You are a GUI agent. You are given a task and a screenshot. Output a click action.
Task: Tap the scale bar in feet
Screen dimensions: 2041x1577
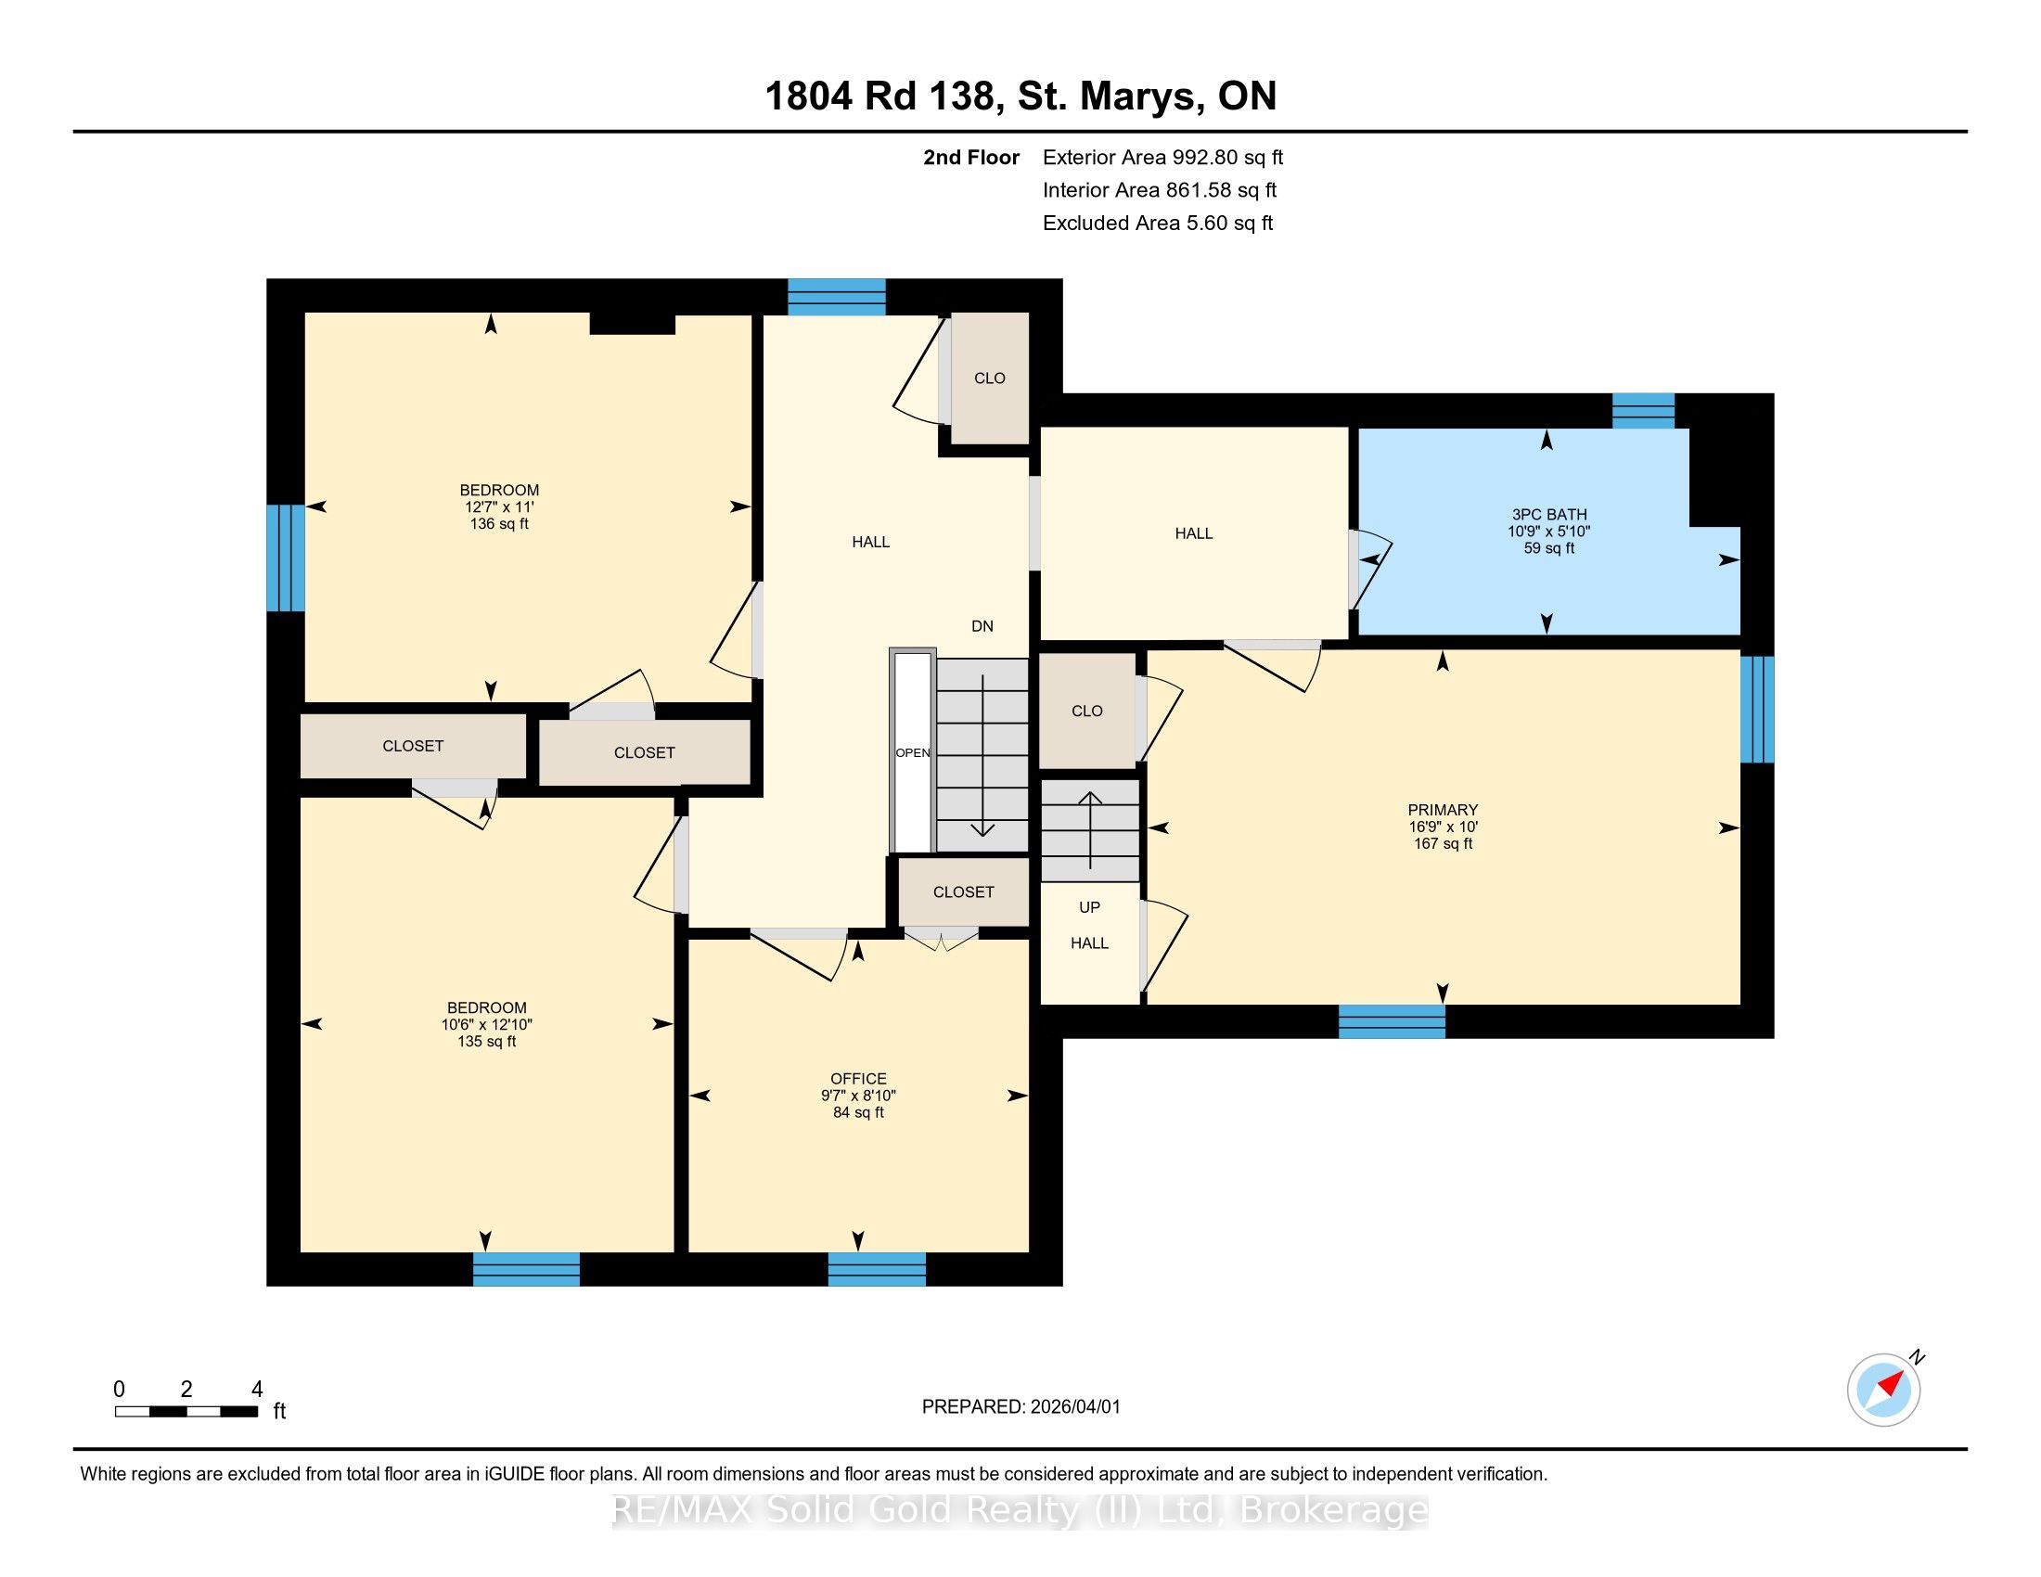coord(186,1412)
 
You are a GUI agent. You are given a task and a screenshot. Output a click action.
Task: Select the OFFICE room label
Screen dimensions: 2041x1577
coord(858,1078)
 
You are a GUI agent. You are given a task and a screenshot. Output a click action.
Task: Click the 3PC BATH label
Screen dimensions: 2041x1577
coord(1548,514)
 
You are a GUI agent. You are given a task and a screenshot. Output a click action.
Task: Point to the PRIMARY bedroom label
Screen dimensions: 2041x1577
coord(1443,810)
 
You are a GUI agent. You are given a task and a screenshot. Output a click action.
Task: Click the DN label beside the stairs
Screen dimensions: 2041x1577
coord(982,626)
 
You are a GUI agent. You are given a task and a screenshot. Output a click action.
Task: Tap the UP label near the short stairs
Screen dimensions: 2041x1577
coord(1090,907)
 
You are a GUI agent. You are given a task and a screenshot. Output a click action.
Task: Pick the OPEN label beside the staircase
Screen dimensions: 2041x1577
coord(913,753)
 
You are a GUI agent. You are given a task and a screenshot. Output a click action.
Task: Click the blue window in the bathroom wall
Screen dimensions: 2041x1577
coord(1644,411)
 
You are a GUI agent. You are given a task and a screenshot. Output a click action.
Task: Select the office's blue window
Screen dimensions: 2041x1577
coord(877,1269)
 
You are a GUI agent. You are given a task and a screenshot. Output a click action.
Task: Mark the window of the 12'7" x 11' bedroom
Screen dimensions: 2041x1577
coord(285,558)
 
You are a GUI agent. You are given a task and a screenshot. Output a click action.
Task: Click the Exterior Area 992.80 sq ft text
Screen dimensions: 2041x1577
coord(1162,157)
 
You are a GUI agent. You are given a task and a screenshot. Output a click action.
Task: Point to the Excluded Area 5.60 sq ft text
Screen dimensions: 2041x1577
coord(1158,223)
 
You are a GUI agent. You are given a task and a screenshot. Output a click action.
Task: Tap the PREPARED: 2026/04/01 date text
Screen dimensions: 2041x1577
coord(1020,1406)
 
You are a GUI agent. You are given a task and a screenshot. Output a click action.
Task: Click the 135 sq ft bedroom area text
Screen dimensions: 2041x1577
coord(487,1041)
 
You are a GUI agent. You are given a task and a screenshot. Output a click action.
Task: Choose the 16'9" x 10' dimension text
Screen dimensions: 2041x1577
coord(1443,827)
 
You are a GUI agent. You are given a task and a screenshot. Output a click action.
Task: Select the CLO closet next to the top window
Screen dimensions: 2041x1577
coord(990,378)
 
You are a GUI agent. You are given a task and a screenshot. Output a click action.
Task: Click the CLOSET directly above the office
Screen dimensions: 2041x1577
coord(964,892)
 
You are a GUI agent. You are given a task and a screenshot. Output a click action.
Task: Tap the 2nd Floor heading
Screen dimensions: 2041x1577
coord(971,157)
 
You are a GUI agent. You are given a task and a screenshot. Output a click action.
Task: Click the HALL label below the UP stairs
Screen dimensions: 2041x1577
coord(1090,943)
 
